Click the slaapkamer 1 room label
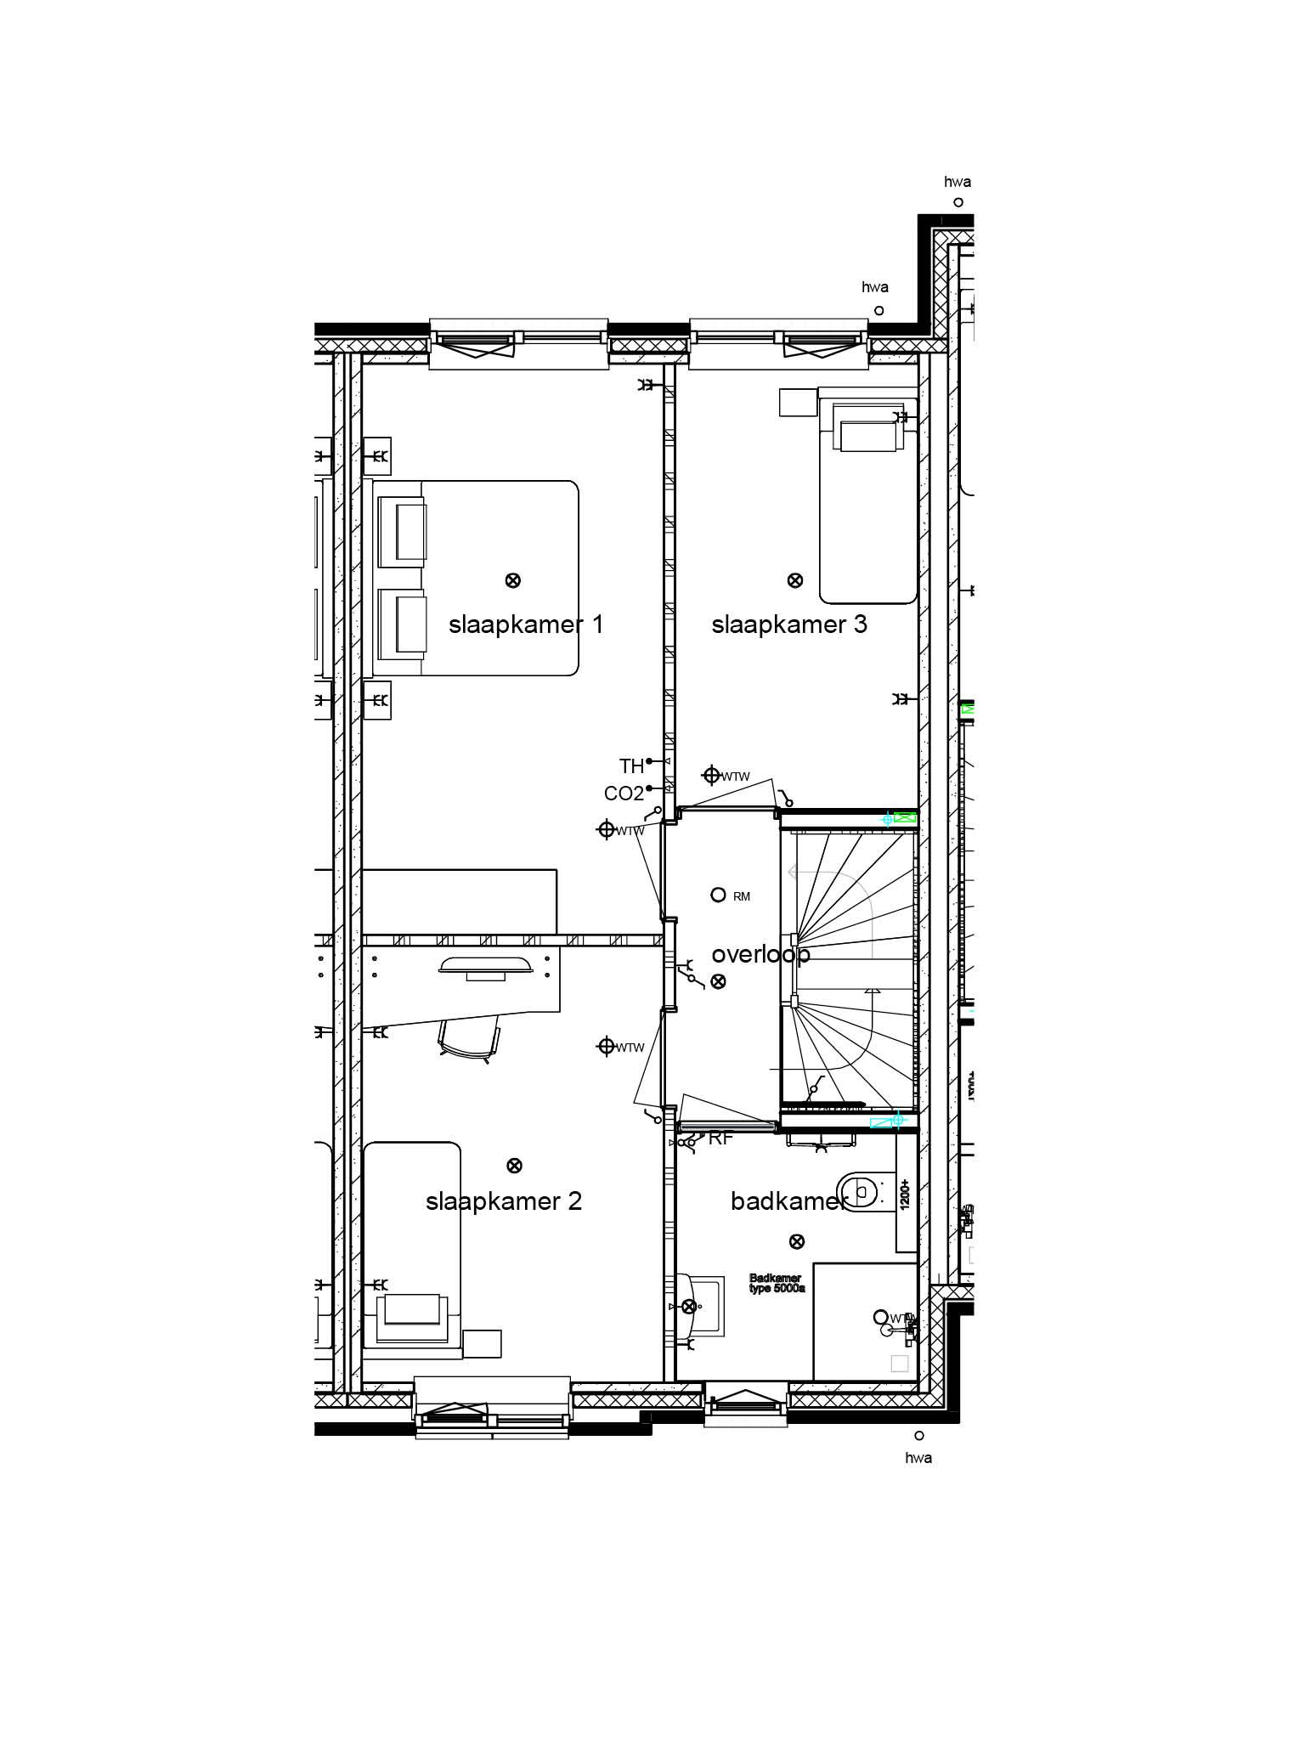pyautogui.click(x=526, y=625)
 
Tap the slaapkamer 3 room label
pyautogui.click(x=789, y=625)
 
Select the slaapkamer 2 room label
pyautogui.click(x=504, y=1201)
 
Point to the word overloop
pyautogui.click(x=760, y=954)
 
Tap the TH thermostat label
pyautogui.click(x=631, y=766)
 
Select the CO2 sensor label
pyautogui.click(x=624, y=794)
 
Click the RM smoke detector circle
pyautogui.click(x=718, y=895)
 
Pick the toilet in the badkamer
pyautogui.click(x=860, y=1191)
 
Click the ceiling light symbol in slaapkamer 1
pyautogui.click(x=513, y=580)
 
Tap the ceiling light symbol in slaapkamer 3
pyautogui.click(x=795, y=580)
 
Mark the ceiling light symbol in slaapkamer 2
pyautogui.click(x=513, y=1166)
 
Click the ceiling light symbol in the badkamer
pyautogui.click(x=797, y=1242)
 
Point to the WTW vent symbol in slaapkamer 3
pyautogui.click(x=711, y=775)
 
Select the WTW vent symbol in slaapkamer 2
pyautogui.click(x=607, y=1047)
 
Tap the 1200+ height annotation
pyautogui.click(x=906, y=1194)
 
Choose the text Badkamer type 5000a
pyautogui.click(x=776, y=1283)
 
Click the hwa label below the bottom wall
pyautogui.click(x=918, y=1458)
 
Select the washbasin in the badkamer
pyautogui.click(x=701, y=1306)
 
